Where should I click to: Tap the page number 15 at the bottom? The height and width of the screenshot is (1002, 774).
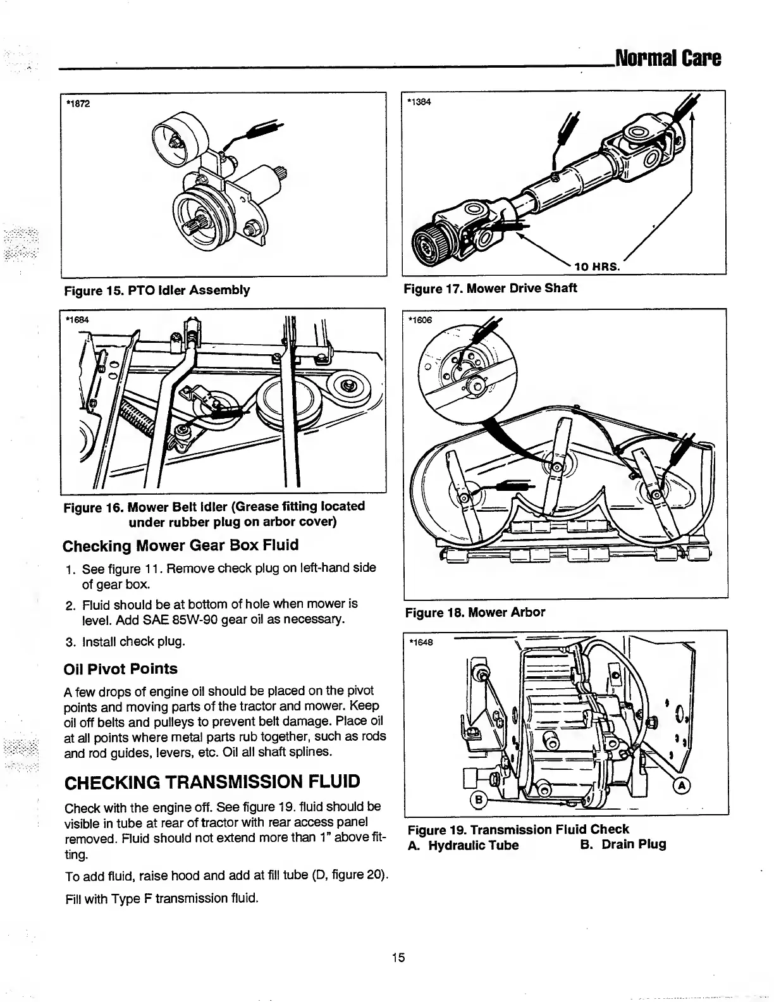pyautogui.click(x=398, y=957)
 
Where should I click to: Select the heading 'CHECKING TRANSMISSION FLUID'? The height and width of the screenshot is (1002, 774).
pyautogui.click(x=212, y=782)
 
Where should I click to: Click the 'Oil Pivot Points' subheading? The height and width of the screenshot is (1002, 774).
pyautogui.click(x=121, y=669)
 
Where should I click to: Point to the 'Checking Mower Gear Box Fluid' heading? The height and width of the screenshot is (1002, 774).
pyautogui.click(x=181, y=545)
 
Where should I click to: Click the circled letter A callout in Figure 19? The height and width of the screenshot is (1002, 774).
pyautogui.click(x=682, y=786)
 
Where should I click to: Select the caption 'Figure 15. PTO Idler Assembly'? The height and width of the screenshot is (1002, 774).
pyautogui.click(x=157, y=290)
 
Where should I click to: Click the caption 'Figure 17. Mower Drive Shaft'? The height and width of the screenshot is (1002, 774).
pyautogui.click(x=491, y=288)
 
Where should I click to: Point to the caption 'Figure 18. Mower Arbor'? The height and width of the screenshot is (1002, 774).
pyautogui.click(x=475, y=612)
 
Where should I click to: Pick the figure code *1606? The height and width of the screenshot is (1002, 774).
pyautogui.click(x=421, y=320)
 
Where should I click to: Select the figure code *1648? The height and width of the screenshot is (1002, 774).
pyautogui.click(x=421, y=643)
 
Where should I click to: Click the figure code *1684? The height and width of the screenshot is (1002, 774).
pyautogui.click(x=78, y=319)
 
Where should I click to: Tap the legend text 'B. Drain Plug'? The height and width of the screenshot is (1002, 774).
pyautogui.click(x=623, y=844)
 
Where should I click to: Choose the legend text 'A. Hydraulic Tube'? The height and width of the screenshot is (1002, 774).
pyautogui.click(x=464, y=845)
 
